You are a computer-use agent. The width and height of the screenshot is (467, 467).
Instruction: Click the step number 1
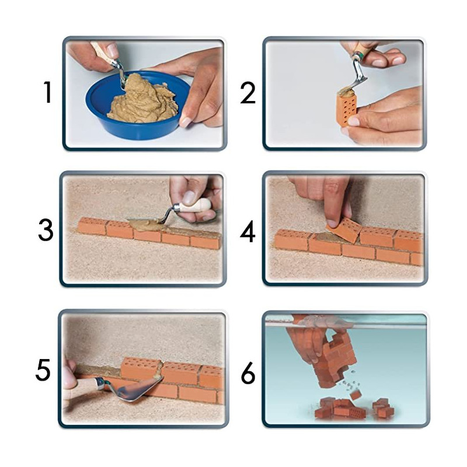[48, 93]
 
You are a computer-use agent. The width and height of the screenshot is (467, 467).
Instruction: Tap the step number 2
[248, 93]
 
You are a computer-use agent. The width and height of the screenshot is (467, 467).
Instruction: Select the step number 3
[46, 230]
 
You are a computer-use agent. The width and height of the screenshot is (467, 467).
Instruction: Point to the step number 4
[248, 231]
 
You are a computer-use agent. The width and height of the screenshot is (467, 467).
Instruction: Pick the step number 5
[43, 370]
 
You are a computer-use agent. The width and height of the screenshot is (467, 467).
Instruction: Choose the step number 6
[248, 372]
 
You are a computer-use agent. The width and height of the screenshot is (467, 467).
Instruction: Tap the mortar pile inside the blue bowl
[142, 100]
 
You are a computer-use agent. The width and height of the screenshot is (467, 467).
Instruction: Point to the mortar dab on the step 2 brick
[347, 92]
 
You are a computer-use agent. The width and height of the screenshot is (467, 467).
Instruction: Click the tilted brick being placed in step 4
[344, 230]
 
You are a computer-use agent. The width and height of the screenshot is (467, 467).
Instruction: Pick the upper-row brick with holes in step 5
[142, 368]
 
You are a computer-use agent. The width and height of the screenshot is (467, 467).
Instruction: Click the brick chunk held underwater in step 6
[335, 361]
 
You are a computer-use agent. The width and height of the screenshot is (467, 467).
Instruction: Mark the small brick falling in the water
[356, 395]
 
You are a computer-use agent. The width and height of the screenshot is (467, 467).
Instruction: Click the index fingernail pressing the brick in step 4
[332, 223]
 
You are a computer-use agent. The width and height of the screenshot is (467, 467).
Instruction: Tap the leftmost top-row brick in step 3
[92, 226]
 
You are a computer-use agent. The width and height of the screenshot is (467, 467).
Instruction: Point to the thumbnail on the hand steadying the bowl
[185, 122]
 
